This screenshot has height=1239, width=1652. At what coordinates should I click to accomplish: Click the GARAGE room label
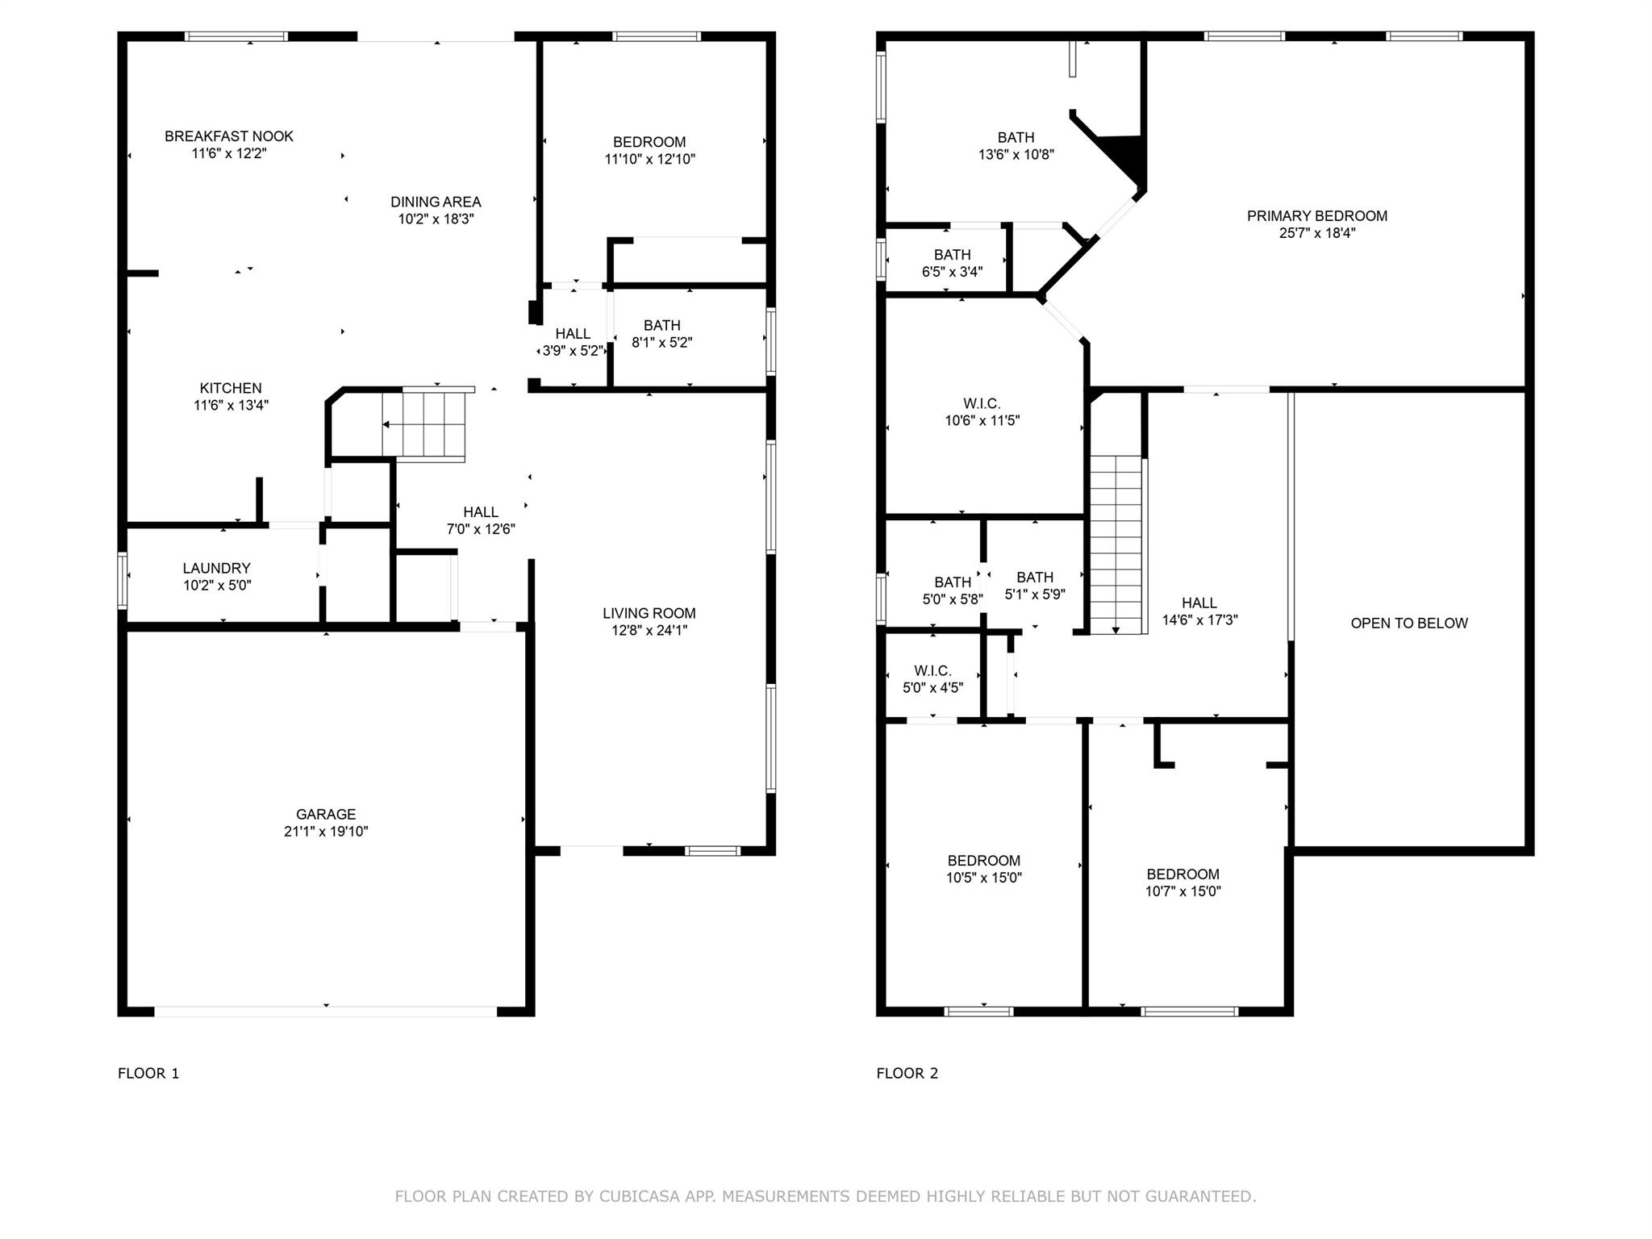click(x=326, y=814)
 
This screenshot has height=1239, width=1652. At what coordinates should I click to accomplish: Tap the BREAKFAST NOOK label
click(x=229, y=136)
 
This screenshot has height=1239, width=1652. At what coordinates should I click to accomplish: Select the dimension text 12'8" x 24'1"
click(x=649, y=630)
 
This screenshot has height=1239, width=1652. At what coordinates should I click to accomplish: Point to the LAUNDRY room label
click(x=217, y=568)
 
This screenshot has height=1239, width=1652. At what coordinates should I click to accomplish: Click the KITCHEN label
click(x=231, y=388)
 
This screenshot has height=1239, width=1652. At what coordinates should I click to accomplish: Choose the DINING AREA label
click(x=436, y=202)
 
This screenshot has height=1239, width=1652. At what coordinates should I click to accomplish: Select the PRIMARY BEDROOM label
click(x=1317, y=215)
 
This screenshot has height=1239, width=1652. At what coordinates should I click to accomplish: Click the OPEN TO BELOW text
click(x=1409, y=623)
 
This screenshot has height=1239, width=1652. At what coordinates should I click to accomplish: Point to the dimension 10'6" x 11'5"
click(x=982, y=420)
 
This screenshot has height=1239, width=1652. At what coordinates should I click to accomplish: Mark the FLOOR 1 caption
click(x=148, y=1073)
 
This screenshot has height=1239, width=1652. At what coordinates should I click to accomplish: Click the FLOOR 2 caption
click(x=907, y=1073)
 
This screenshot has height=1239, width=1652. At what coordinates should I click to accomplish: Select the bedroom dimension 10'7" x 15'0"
click(x=1183, y=891)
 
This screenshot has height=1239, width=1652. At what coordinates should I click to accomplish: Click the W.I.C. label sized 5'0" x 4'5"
click(x=933, y=671)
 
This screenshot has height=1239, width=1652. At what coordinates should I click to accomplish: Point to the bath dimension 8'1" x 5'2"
click(x=662, y=342)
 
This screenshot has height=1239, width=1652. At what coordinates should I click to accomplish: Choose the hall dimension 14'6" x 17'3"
click(x=1199, y=619)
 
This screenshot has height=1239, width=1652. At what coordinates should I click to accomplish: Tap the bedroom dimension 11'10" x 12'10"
click(x=649, y=159)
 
